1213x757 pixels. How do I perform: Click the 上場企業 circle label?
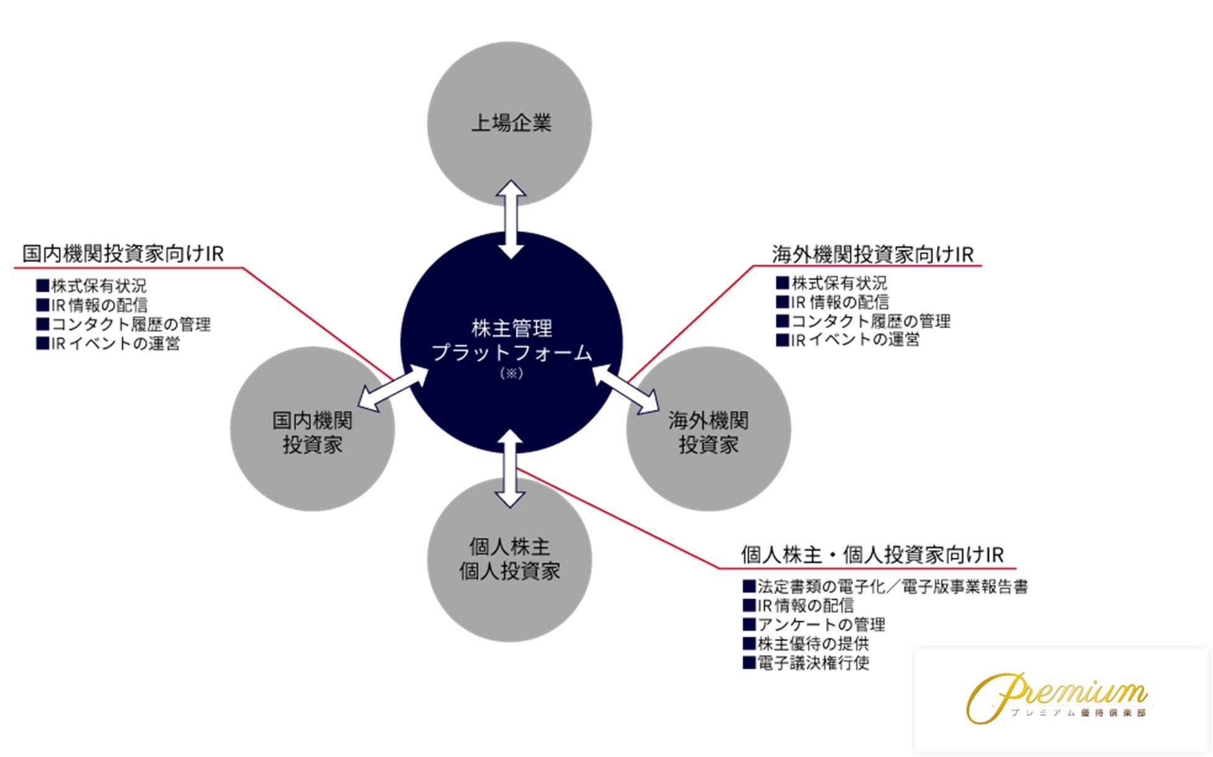point(511,123)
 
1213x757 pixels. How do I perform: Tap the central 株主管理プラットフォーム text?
point(511,341)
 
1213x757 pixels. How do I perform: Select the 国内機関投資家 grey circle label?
point(312,432)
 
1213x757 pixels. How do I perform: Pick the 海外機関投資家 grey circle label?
point(708,432)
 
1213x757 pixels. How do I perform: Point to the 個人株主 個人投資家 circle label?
point(509,559)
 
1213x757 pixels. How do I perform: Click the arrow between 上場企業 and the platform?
point(511,219)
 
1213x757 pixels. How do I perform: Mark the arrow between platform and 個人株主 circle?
point(509,469)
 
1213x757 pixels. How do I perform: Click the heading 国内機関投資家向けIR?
point(123,254)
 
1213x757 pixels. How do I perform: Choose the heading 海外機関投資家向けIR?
point(872,254)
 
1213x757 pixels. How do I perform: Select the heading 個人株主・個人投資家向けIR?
point(871,554)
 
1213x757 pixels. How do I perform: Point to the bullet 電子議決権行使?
point(812,663)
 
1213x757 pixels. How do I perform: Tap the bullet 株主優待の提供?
point(812,644)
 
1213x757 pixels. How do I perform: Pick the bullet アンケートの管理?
point(820,625)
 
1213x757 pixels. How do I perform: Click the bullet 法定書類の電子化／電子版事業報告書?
point(892,587)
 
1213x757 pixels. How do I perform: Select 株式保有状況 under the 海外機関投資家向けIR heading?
point(839,283)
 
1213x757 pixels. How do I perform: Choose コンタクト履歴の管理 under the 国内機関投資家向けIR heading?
point(131,324)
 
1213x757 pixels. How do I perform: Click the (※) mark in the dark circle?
point(511,374)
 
